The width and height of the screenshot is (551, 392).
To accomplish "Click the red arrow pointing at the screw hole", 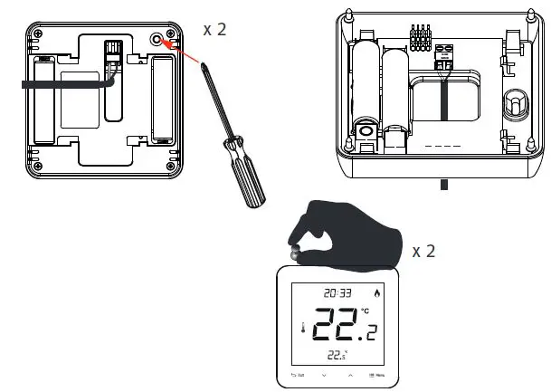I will click(183, 53).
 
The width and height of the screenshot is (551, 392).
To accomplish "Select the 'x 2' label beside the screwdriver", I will click(214, 29).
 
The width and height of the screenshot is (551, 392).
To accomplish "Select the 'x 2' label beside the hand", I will click(423, 251).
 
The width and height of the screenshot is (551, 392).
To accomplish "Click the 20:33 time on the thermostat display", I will click(337, 292).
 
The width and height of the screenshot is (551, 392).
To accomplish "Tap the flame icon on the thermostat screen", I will click(376, 292).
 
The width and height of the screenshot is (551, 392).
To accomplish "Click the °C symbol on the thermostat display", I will click(365, 312).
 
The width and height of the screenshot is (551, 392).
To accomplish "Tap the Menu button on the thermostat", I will click(377, 374).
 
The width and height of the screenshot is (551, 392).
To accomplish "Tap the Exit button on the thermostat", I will click(298, 374).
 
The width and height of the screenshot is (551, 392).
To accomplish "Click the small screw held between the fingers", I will click(295, 257).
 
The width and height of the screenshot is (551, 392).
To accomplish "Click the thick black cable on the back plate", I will click(63, 82).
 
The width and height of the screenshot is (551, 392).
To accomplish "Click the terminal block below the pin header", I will click(443, 59).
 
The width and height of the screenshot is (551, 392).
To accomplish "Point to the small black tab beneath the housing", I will click(443, 184).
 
